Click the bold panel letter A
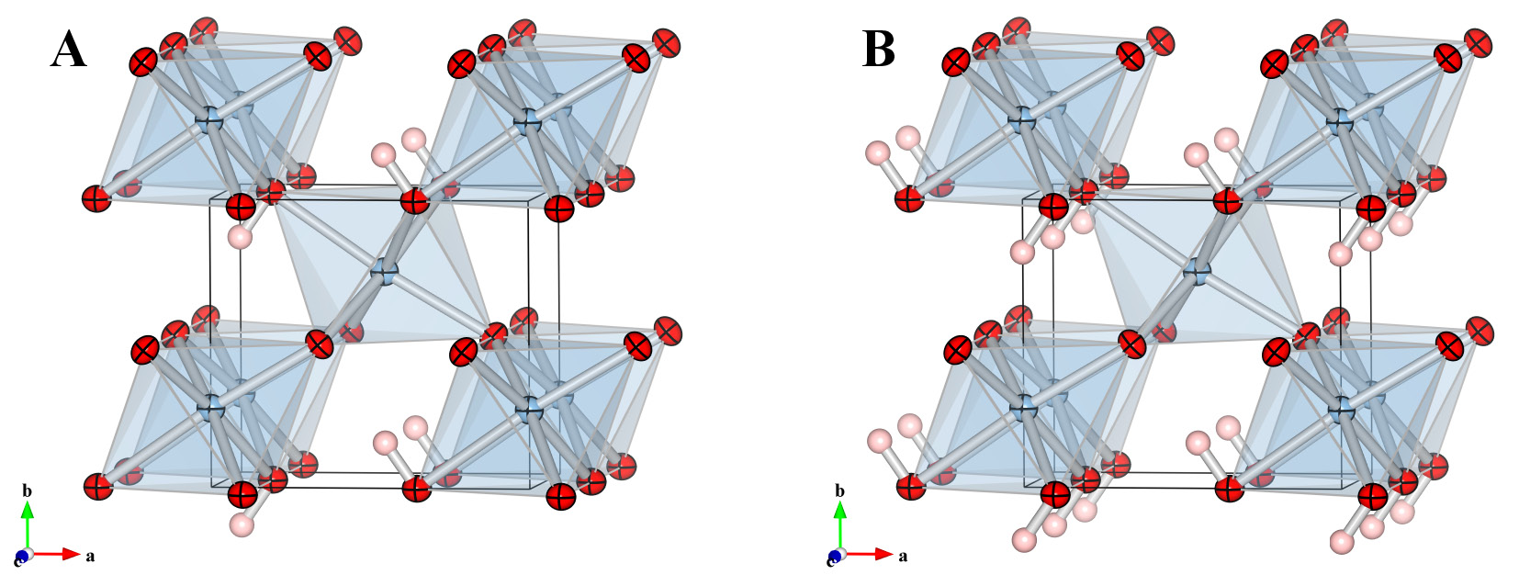(69, 50)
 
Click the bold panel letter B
(879, 50)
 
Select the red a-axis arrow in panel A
(59, 555)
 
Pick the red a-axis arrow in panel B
(871, 555)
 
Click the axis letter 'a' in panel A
(90, 556)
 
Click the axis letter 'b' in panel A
(27, 491)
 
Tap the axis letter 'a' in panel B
(903, 556)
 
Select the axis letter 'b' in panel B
(839, 491)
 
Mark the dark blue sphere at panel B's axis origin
(834, 557)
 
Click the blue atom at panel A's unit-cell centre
(384, 272)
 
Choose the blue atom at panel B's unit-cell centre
(1196, 272)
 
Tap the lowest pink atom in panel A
(241, 525)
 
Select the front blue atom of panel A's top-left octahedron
(210, 118)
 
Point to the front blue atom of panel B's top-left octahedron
(1022, 118)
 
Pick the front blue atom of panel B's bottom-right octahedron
(1340, 405)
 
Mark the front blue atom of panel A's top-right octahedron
(527, 118)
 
